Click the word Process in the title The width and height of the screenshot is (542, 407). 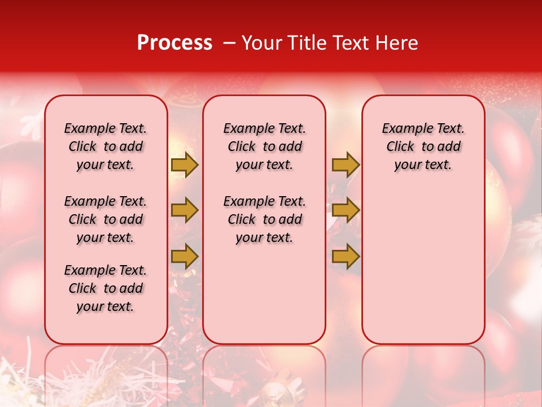pyautogui.click(x=174, y=43)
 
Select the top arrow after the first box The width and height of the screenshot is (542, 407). pyautogui.click(x=184, y=164)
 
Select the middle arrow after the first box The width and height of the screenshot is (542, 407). pyautogui.click(x=184, y=210)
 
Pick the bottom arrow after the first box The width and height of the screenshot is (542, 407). pyautogui.click(x=184, y=257)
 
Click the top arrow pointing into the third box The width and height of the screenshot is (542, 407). pyautogui.click(x=345, y=164)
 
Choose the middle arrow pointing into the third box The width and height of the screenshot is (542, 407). pyautogui.click(x=345, y=210)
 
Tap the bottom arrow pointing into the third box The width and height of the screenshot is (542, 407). pyautogui.click(x=345, y=257)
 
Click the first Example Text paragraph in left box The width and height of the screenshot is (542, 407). pyautogui.click(x=106, y=146)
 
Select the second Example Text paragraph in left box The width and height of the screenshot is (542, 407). pyautogui.click(x=106, y=219)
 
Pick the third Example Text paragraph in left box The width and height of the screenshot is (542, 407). pyautogui.click(x=106, y=288)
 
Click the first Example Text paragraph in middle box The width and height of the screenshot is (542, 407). pyautogui.click(x=264, y=146)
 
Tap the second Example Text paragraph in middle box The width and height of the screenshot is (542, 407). pyautogui.click(x=264, y=219)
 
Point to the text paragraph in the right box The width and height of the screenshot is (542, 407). pyautogui.click(x=423, y=146)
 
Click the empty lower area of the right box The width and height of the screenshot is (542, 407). pyautogui.click(x=423, y=266)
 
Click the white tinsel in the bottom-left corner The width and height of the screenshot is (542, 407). pyautogui.click(x=23, y=379)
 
